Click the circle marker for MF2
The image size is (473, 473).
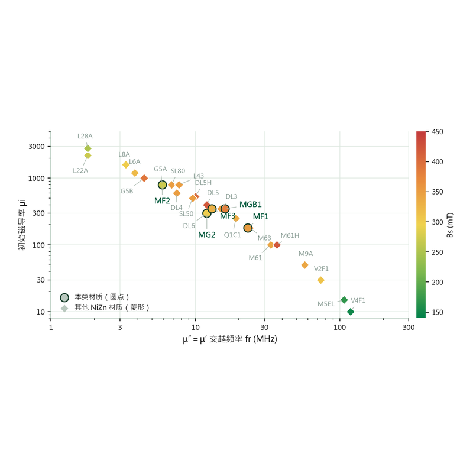pos(162,184)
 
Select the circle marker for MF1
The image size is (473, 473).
pos(248,228)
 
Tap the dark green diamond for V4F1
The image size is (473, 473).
pos(351,312)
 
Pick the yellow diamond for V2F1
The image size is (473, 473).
pos(321,280)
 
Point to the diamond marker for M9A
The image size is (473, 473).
pos(304,265)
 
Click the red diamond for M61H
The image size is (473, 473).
pos(277,245)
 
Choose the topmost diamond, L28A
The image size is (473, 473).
pos(88,148)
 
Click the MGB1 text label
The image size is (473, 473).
pos(250,205)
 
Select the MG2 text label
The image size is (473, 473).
pos(206,235)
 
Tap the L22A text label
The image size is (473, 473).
pos(80,171)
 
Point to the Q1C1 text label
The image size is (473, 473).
pos(232,235)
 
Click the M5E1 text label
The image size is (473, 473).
pos(326,304)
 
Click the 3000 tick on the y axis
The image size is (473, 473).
pos(37,146)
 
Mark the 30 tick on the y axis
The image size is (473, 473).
pos(41,280)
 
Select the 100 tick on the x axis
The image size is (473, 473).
pos(339,328)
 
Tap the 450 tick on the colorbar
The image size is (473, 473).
pos(438,132)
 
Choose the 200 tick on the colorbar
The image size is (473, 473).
pos(438,283)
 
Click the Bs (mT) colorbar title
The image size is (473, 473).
pos(450,225)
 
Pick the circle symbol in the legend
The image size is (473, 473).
pos(64,298)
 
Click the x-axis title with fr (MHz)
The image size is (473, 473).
pos(230,339)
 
